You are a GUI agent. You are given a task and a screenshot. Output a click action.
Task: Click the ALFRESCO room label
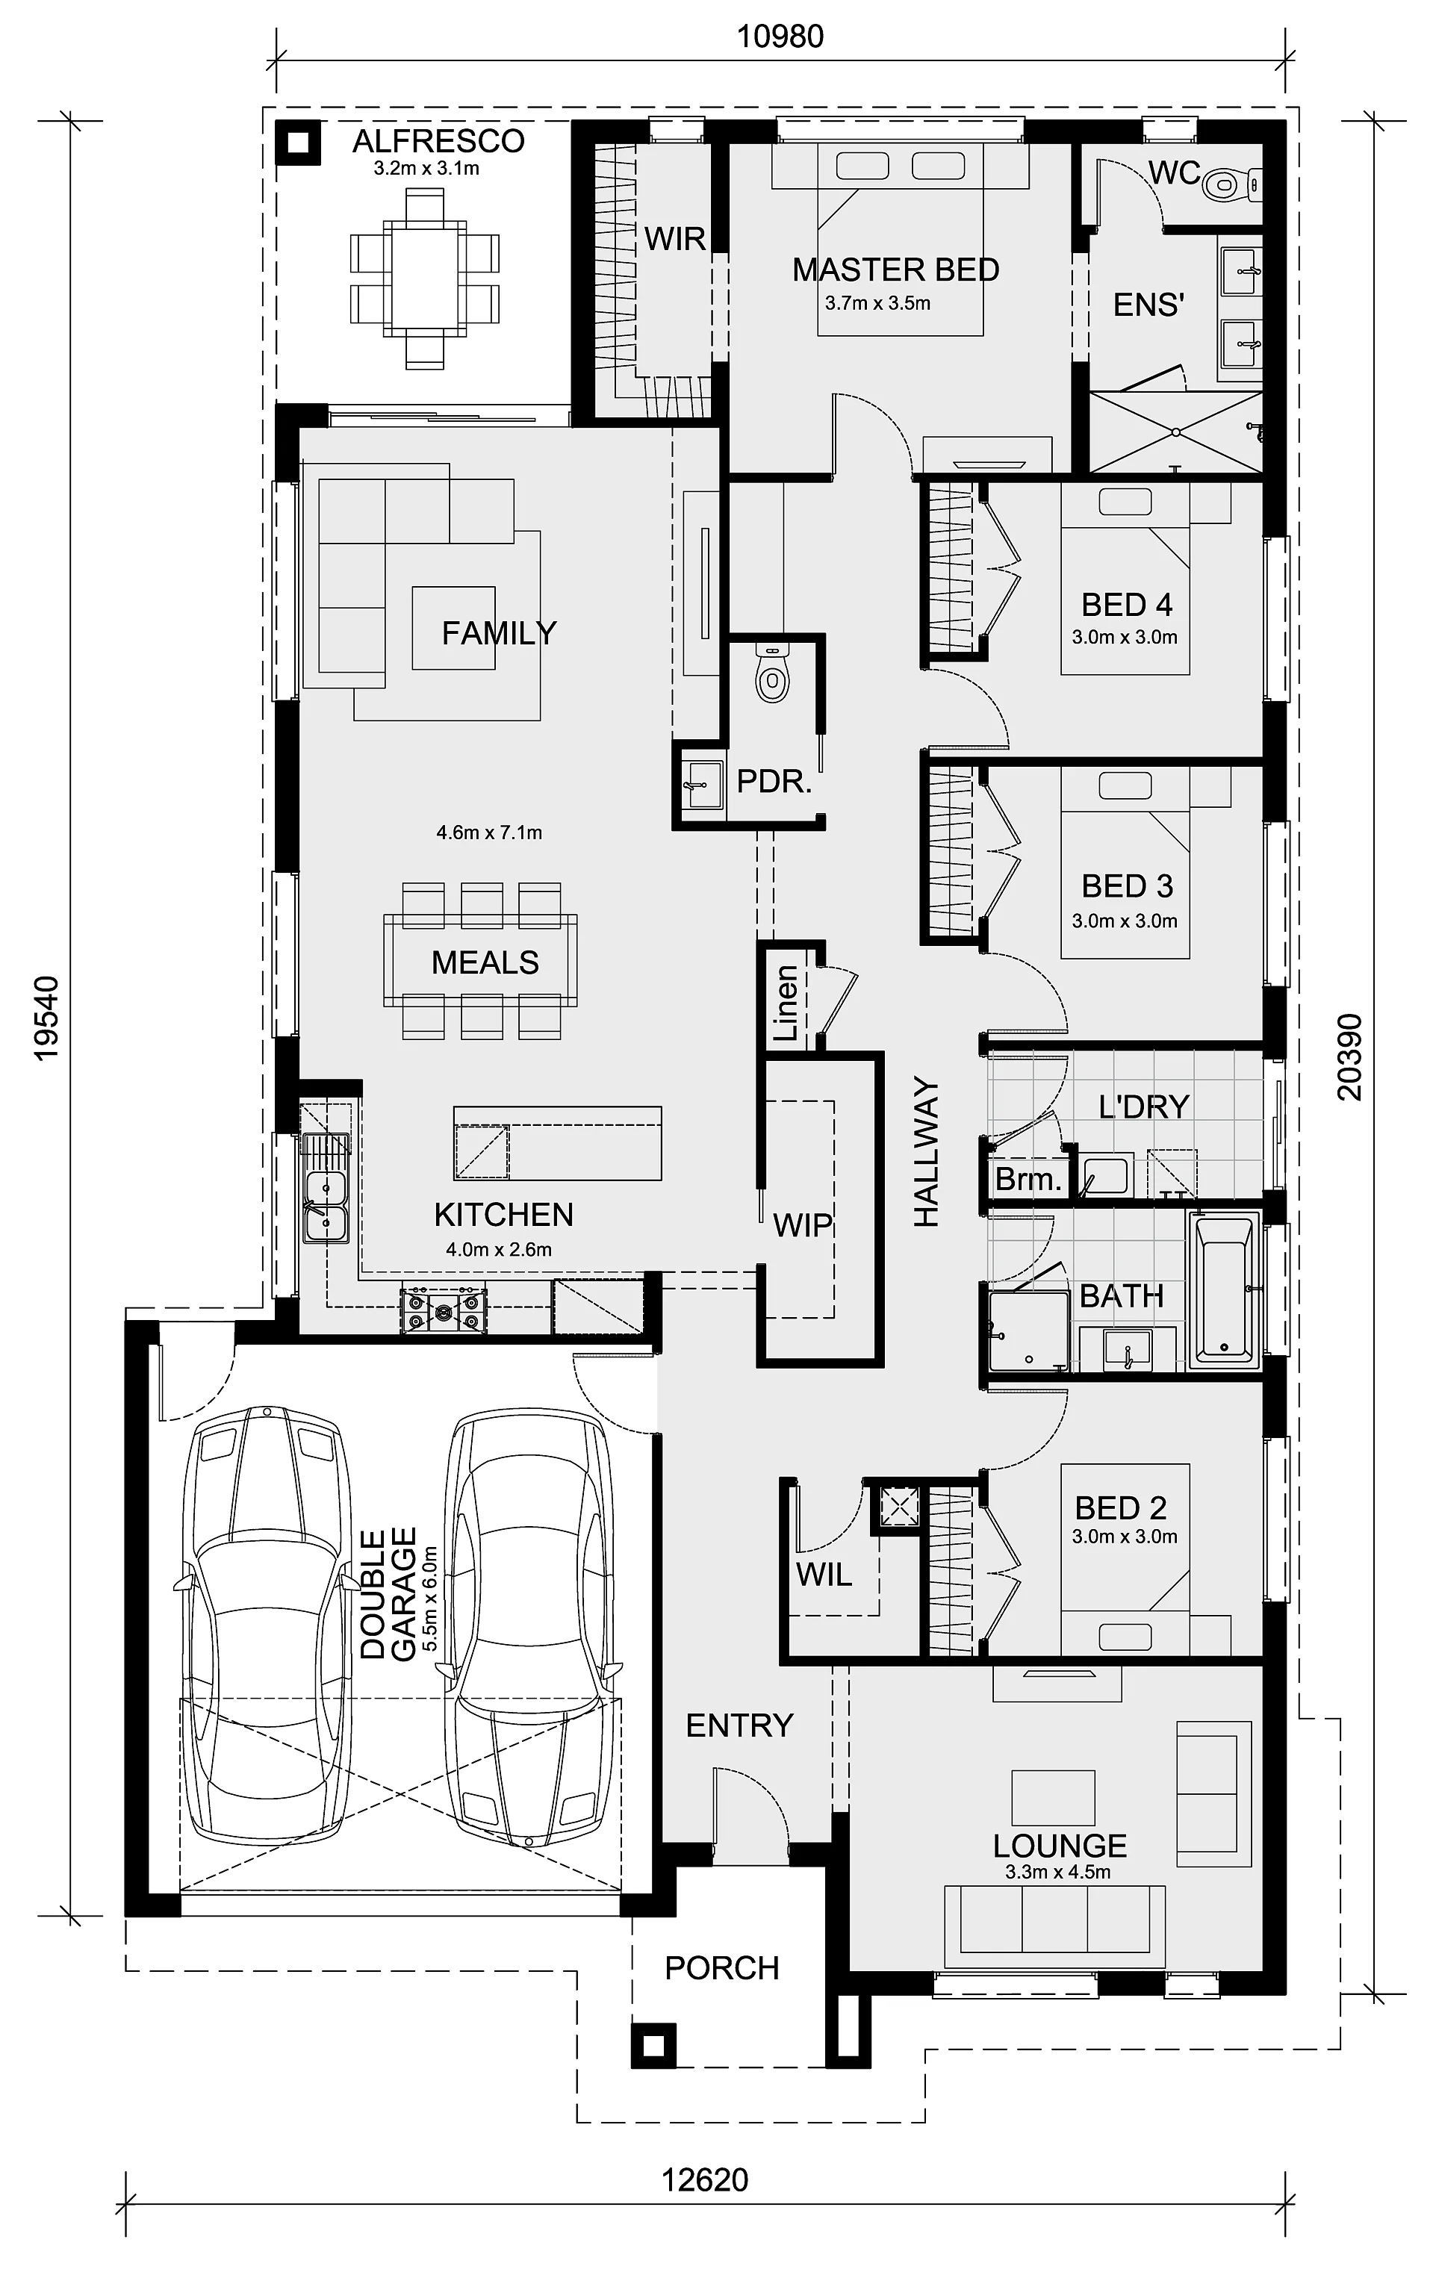click(438, 142)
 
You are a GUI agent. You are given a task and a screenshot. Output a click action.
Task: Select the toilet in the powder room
click(773, 673)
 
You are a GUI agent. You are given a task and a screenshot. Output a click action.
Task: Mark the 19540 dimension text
click(46, 1018)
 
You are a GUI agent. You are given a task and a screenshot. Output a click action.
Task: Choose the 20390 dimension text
click(1350, 1058)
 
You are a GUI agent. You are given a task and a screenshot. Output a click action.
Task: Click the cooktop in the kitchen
click(444, 1312)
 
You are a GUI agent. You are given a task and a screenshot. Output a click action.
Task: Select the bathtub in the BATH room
click(1225, 1291)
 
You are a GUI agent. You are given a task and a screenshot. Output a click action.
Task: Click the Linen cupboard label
click(786, 1002)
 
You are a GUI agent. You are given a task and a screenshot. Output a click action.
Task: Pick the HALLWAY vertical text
click(927, 1152)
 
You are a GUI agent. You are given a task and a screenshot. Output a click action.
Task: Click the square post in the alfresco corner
click(298, 143)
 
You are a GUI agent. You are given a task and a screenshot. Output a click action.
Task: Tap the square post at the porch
click(653, 2046)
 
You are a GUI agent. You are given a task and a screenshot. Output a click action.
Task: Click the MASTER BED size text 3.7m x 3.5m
click(877, 304)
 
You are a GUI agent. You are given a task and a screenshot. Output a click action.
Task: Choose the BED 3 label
click(1128, 886)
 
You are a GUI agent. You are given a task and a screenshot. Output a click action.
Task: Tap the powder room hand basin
click(701, 785)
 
